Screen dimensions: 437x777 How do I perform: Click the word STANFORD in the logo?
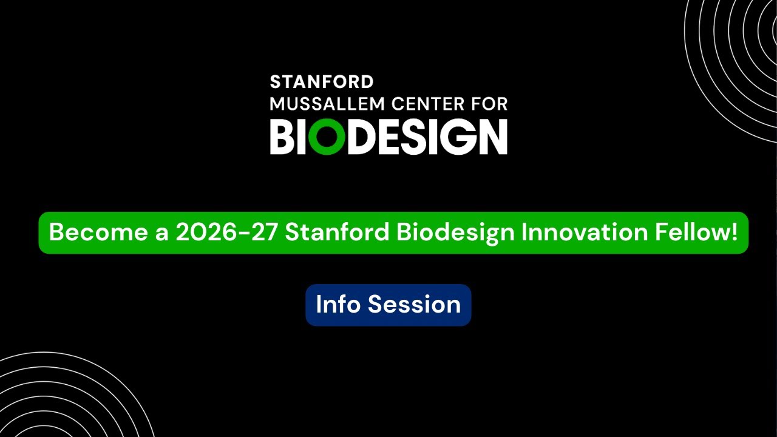321,82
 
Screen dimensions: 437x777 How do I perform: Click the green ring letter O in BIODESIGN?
326,137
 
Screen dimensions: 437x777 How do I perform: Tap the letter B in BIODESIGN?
283,137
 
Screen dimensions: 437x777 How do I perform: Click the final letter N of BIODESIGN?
492,137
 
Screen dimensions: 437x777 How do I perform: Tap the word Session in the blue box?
414,304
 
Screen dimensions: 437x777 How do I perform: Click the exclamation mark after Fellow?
735,232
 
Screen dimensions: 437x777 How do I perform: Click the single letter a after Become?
161,234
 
